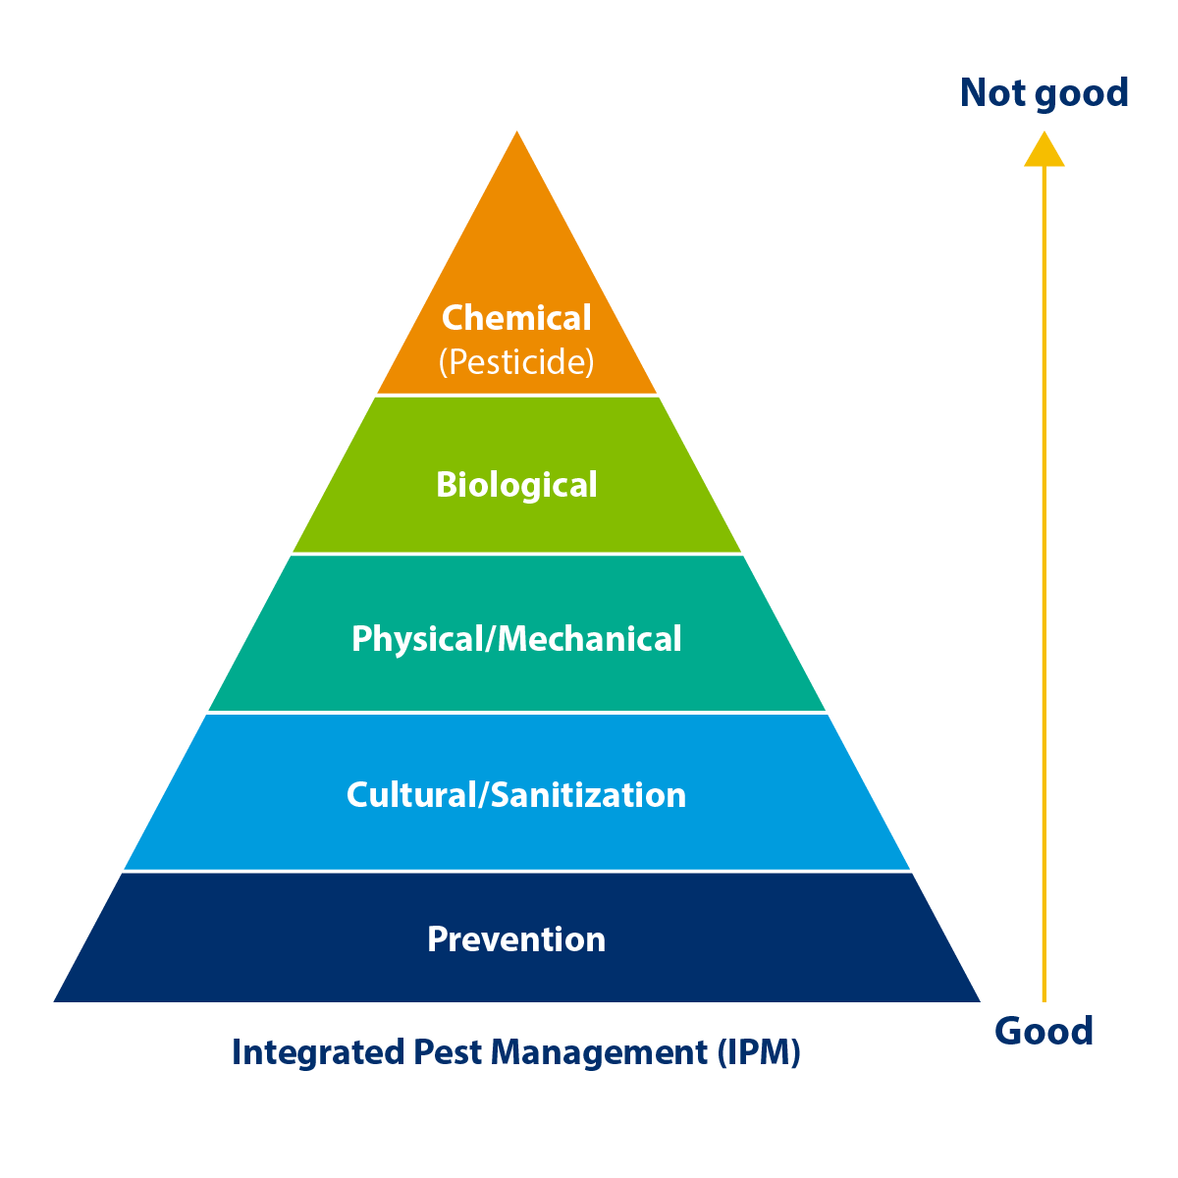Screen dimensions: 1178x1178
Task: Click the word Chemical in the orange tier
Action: (x=516, y=318)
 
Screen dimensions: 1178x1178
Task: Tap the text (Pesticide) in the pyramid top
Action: (x=516, y=362)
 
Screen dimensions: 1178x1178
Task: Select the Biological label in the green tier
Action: (x=516, y=485)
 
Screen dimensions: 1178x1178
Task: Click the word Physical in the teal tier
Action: (x=417, y=639)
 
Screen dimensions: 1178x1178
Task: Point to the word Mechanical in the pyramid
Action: (x=590, y=639)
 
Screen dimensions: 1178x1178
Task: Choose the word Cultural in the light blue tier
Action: (x=410, y=794)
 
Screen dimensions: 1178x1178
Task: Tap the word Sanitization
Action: (x=588, y=794)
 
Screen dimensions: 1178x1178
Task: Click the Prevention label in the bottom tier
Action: (x=516, y=939)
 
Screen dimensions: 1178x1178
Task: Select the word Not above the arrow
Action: (x=992, y=93)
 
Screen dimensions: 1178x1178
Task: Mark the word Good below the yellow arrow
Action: (x=1044, y=1031)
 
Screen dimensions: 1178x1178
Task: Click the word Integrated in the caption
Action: (x=316, y=1052)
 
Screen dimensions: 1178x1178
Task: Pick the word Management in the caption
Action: (x=599, y=1052)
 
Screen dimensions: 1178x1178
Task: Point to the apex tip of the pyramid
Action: (x=517, y=134)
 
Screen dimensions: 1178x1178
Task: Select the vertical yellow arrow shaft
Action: (x=1044, y=589)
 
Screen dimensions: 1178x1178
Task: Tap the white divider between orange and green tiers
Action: (x=516, y=395)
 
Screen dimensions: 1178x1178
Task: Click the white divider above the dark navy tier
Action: (x=516, y=871)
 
